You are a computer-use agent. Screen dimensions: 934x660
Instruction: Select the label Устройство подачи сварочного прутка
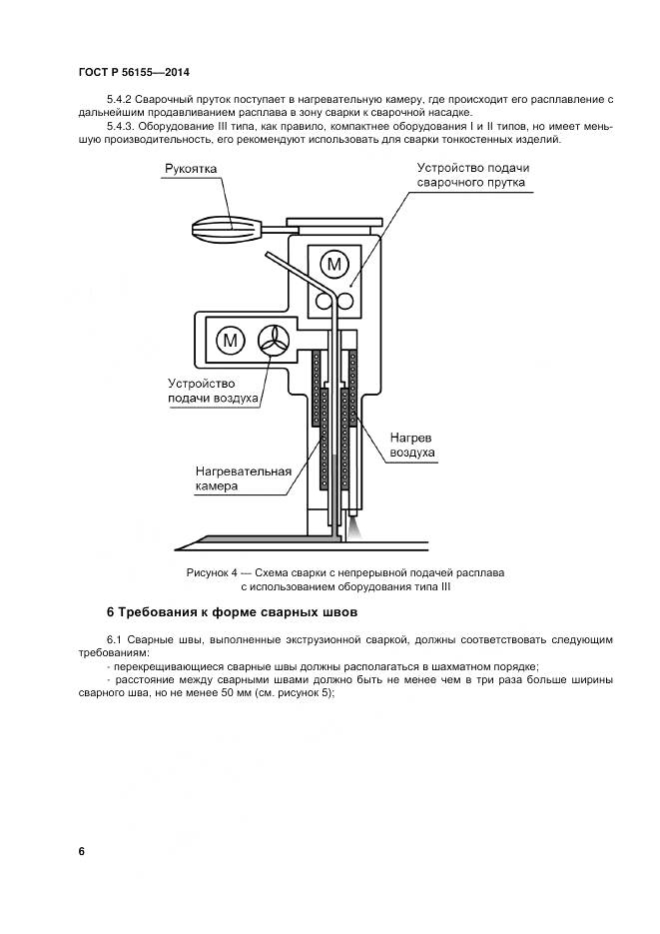point(472,176)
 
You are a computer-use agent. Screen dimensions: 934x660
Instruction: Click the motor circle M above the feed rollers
point(334,264)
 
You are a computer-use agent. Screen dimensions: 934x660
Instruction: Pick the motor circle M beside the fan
point(232,340)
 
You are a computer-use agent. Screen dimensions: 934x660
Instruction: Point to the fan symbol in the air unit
point(274,340)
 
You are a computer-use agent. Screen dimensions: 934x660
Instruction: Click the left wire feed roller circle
point(325,301)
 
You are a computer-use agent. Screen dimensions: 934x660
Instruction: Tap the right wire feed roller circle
point(345,301)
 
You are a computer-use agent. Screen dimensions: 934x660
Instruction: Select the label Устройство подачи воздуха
point(214,391)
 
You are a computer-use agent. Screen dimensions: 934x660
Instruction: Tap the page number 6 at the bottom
point(82,851)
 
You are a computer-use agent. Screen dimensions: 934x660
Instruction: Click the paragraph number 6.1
point(116,638)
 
